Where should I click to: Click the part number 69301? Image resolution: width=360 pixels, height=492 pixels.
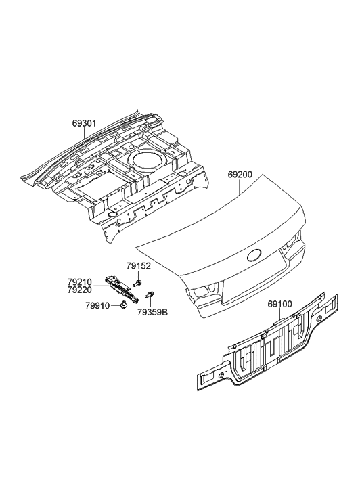point(84,123)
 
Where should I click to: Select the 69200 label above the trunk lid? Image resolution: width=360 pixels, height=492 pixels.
point(240,175)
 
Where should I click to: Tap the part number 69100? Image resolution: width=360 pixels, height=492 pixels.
point(279,304)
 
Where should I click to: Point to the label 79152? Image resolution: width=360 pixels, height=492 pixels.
point(139,266)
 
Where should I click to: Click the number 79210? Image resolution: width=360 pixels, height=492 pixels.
point(79,282)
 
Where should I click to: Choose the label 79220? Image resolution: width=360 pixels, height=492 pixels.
point(79,290)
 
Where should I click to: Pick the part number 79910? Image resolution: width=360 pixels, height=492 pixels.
point(97,305)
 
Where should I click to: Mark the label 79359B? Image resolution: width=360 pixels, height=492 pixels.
point(152,313)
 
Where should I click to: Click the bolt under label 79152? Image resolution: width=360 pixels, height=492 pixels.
point(137,284)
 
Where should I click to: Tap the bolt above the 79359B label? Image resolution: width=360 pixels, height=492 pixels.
point(149,295)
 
